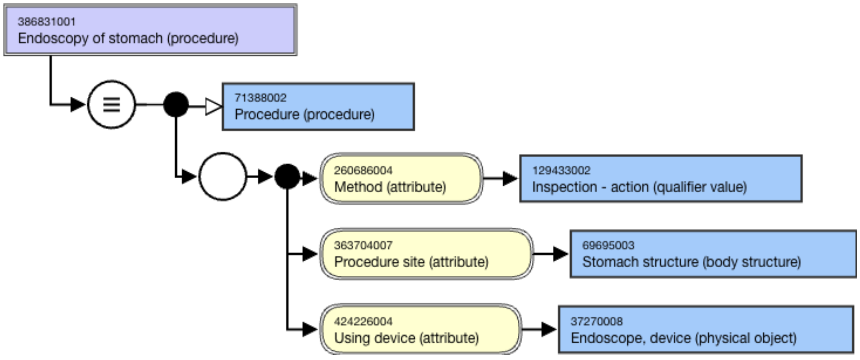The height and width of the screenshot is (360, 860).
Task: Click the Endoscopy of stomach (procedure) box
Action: tap(150, 30)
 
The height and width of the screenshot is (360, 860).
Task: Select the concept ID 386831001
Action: tap(47, 22)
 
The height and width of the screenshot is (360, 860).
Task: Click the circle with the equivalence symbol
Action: tap(111, 104)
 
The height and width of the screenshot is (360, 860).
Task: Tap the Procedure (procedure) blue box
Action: tap(318, 107)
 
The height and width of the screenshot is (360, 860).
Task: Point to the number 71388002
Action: tap(260, 98)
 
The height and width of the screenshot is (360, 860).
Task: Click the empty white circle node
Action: tap(223, 176)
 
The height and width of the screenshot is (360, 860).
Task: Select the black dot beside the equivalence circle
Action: tap(176, 104)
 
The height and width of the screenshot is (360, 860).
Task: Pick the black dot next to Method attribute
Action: tap(287, 176)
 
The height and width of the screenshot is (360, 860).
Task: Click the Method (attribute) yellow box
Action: tap(401, 178)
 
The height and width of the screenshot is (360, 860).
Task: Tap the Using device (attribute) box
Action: tap(421, 329)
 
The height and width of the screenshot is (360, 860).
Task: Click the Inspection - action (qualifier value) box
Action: tap(661, 178)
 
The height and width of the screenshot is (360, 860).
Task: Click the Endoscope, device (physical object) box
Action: tap(706, 329)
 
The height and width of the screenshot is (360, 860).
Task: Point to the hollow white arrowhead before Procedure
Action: tap(213, 107)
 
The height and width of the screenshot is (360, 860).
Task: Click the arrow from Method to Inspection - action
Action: tap(501, 178)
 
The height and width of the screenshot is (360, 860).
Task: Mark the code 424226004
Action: tap(363, 322)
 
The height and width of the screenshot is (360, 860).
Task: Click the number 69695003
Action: tap(608, 245)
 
